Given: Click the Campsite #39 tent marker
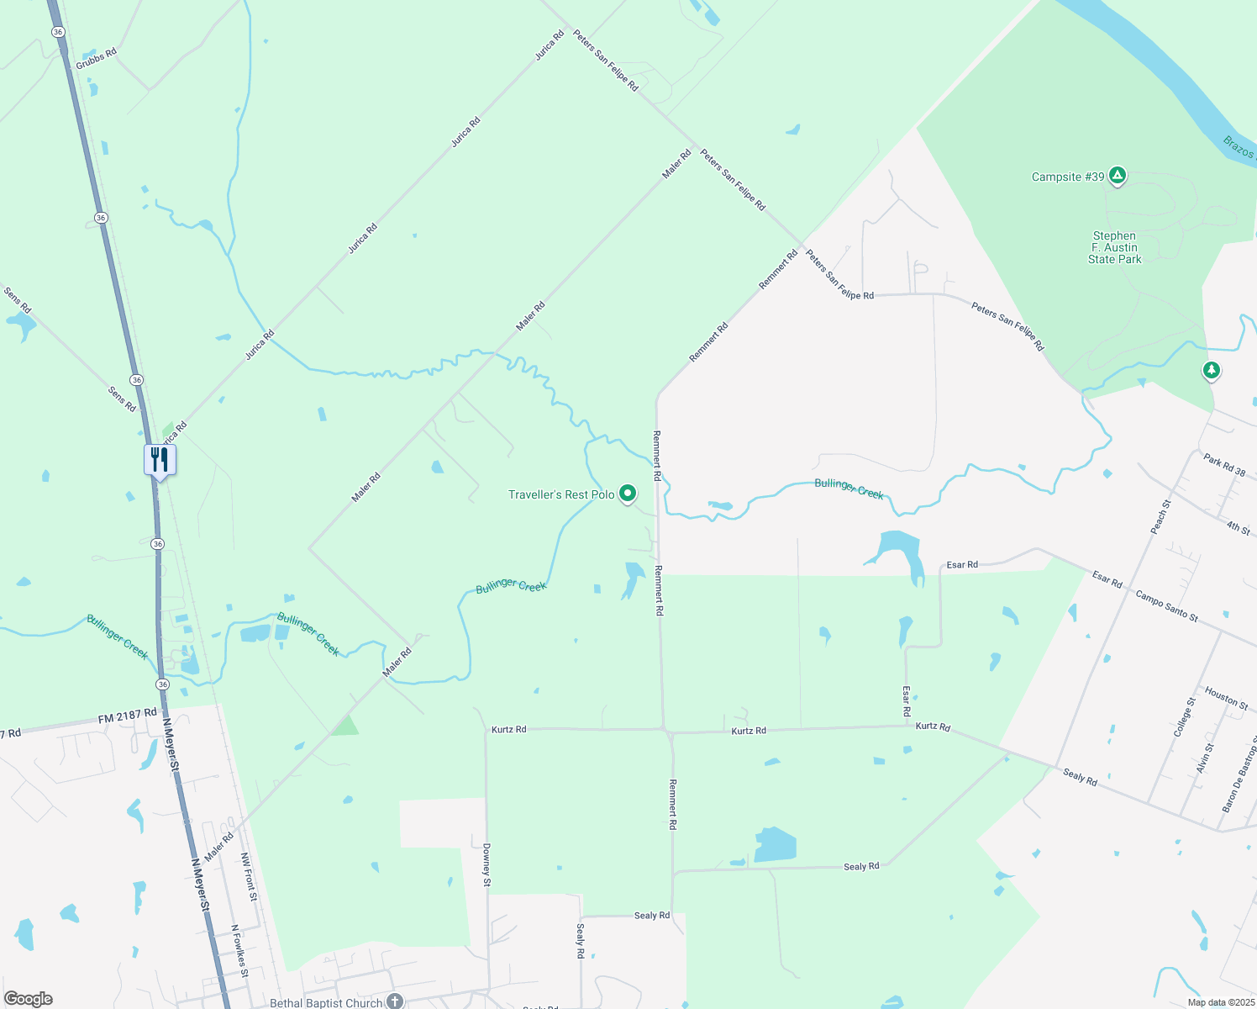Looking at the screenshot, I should [x=1117, y=176].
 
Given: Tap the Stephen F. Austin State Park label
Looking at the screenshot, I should [x=1114, y=248].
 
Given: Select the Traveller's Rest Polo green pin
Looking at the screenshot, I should [x=628, y=494].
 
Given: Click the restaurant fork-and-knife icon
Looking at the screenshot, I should [x=160, y=460].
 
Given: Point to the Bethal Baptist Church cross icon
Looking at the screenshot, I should [x=395, y=1001].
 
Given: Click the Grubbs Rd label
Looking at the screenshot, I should [x=96, y=59].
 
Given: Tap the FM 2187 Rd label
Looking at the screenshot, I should [x=127, y=716].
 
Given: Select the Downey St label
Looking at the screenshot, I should [x=486, y=864].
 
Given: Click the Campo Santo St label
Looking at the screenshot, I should [x=1166, y=605].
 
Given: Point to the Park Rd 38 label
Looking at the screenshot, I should [x=1224, y=465].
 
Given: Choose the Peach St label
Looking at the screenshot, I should [x=1160, y=516].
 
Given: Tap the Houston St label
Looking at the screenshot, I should [x=1227, y=698].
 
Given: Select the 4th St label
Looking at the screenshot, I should [x=1238, y=528].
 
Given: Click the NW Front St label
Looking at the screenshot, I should [x=249, y=877].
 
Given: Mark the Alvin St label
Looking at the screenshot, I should [x=1205, y=758].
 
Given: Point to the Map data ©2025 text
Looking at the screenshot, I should [x=1220, y=1002].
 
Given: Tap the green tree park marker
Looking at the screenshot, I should [x=1211, y=370].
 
